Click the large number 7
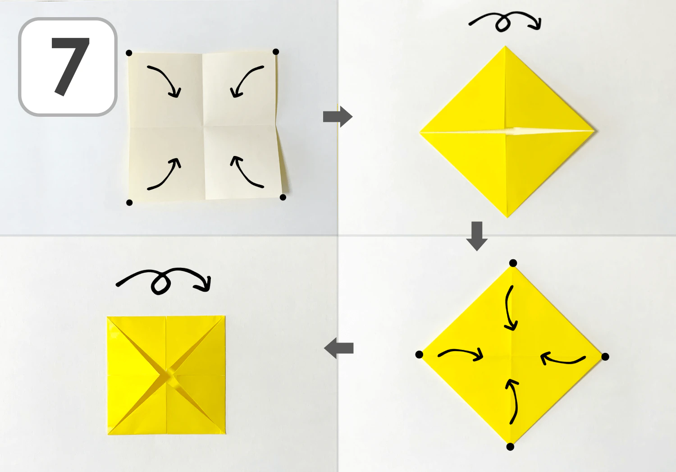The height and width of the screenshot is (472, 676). [x=71, y=66]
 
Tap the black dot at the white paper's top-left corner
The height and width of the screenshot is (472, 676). [x=129, y=53]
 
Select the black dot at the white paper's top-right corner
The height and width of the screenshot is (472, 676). [x=275, y=51]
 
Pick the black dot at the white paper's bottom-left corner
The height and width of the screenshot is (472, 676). [x=129, y=202]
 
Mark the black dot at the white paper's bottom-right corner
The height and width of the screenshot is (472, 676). [x=283, y=197]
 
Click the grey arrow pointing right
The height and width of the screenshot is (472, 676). [x=338, y=116]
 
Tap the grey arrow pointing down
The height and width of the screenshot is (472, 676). [x=477, y=236]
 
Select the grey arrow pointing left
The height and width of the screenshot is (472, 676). [x=338, y=348]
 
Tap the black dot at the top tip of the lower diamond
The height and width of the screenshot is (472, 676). [x=513, y=263]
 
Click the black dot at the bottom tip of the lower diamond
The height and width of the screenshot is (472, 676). [x=510, y=447]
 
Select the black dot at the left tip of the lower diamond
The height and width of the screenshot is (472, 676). [x=419, y=355]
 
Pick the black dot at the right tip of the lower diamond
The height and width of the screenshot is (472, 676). [x=605, y=357]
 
